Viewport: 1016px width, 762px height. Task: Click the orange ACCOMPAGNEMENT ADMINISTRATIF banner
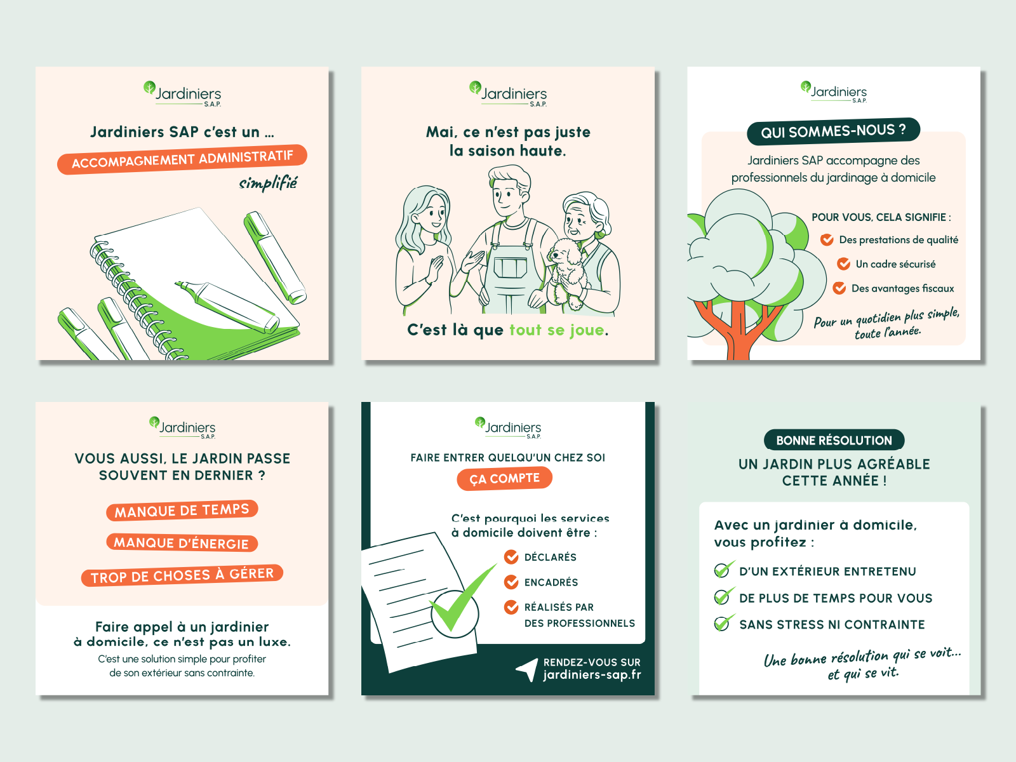(182, 159)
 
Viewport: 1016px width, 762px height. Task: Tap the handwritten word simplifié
(269, 184)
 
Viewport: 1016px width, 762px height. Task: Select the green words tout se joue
(557, 330)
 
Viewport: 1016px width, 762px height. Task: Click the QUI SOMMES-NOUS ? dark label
(833, 131)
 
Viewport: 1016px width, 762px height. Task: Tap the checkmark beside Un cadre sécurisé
(843, 264)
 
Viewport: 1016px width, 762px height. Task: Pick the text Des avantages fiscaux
(902, 288)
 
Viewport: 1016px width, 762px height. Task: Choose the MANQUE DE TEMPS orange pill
(182, 511)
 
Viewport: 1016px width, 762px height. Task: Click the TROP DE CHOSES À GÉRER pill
(182, 575)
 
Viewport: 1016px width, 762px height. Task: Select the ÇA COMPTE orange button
(505, 478)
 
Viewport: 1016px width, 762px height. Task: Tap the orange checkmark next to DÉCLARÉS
(511, 557)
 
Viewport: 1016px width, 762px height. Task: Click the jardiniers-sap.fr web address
(592, 674)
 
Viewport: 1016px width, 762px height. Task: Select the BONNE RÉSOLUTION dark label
(834, 440)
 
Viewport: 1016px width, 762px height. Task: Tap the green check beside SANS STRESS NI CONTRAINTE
(723, 623)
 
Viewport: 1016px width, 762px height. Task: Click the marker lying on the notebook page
(227, 306)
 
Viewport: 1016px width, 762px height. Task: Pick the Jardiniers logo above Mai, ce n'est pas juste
(508, 94)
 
